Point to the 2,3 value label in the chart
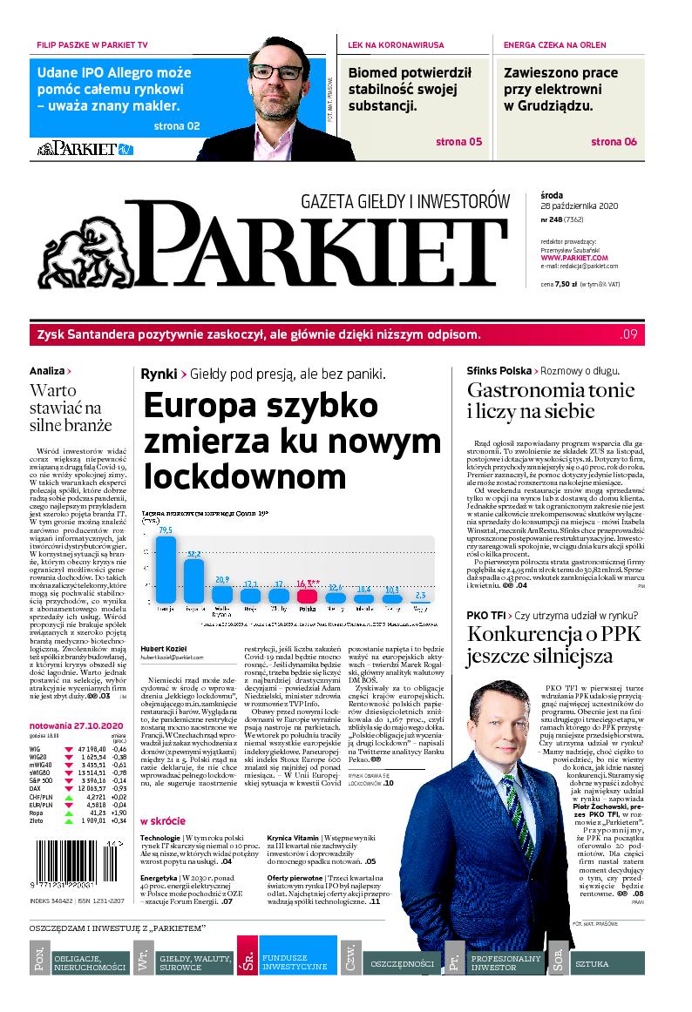(x=422, y=595)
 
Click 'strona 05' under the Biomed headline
(x=458, y=142)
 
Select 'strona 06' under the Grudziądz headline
(x=614, y=142)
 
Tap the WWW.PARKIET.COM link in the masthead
(x=573, y=258)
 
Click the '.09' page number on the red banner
(x=629, y=334)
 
